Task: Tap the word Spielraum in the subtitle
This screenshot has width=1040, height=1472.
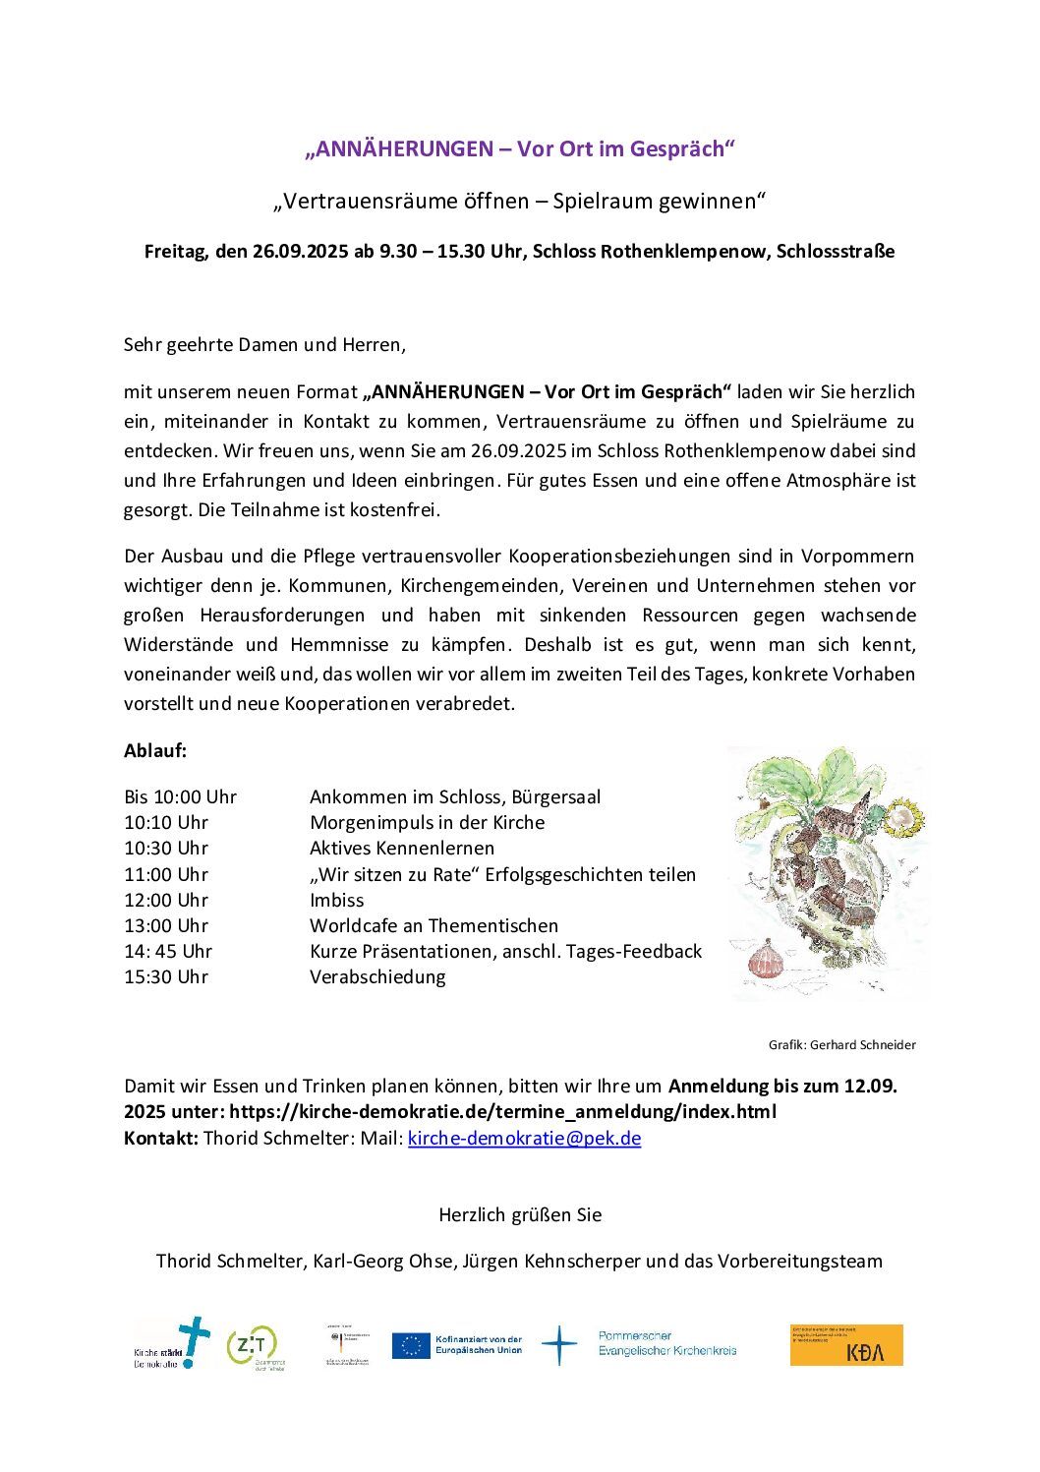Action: [x=600, y=202]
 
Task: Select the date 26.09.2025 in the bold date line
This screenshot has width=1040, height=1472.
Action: [x=300, y=252]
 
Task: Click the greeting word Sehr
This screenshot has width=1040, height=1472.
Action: [x=144, y=345]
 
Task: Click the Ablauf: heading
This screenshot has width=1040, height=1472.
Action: [x=155, y=751]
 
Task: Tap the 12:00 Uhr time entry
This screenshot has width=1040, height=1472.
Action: [x=166, y=901]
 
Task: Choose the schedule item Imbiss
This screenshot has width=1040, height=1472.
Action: [x=337, y=901]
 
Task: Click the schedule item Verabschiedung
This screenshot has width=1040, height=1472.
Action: [x=377, y=977]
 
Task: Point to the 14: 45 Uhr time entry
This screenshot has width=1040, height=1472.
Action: [x=168, y=952]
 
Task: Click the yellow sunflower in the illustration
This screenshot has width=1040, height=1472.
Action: [x=905, y=818]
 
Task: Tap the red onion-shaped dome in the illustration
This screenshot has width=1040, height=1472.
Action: [x=766, y=959]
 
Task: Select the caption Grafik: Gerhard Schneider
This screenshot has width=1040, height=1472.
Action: [x=841, y=1045]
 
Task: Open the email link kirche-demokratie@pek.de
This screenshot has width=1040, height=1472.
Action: [x=524, y=1139]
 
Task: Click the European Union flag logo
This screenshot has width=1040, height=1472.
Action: [x=411, y=1345]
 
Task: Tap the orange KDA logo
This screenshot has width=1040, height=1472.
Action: [x=846, y=1345]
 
